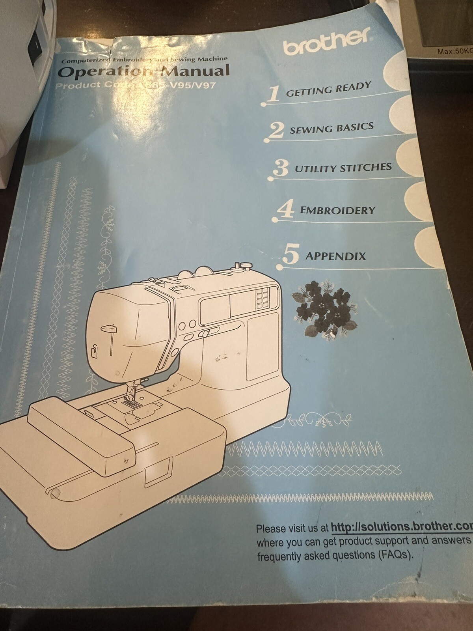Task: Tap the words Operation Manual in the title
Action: coord(143,71)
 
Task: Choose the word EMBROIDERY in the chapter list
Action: coord(337,210)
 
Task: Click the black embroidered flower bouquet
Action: coord(324,307)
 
